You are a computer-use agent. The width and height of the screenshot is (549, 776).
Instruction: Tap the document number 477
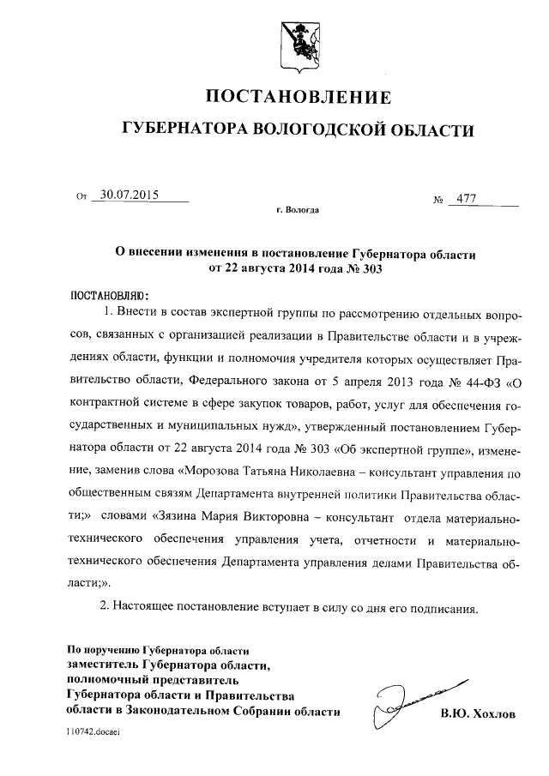point(467,199)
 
